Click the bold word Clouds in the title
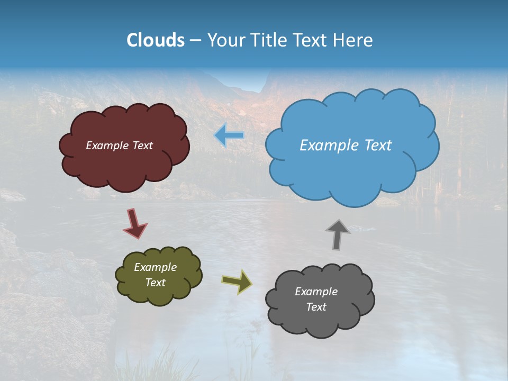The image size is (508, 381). tap(155, 40)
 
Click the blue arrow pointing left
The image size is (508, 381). tap(230, 135)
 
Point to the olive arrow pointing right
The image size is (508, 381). tap(237, 282)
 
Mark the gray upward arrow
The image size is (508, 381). tap(337, 234)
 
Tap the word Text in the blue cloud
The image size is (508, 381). tap(378, 146)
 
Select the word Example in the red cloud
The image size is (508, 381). tap(107, 146)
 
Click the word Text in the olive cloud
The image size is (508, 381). tap(156, 283)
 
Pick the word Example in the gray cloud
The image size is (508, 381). tap(316, 292)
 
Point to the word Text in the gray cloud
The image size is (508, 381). tap(316, 307)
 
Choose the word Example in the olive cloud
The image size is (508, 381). tap(156, 267)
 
